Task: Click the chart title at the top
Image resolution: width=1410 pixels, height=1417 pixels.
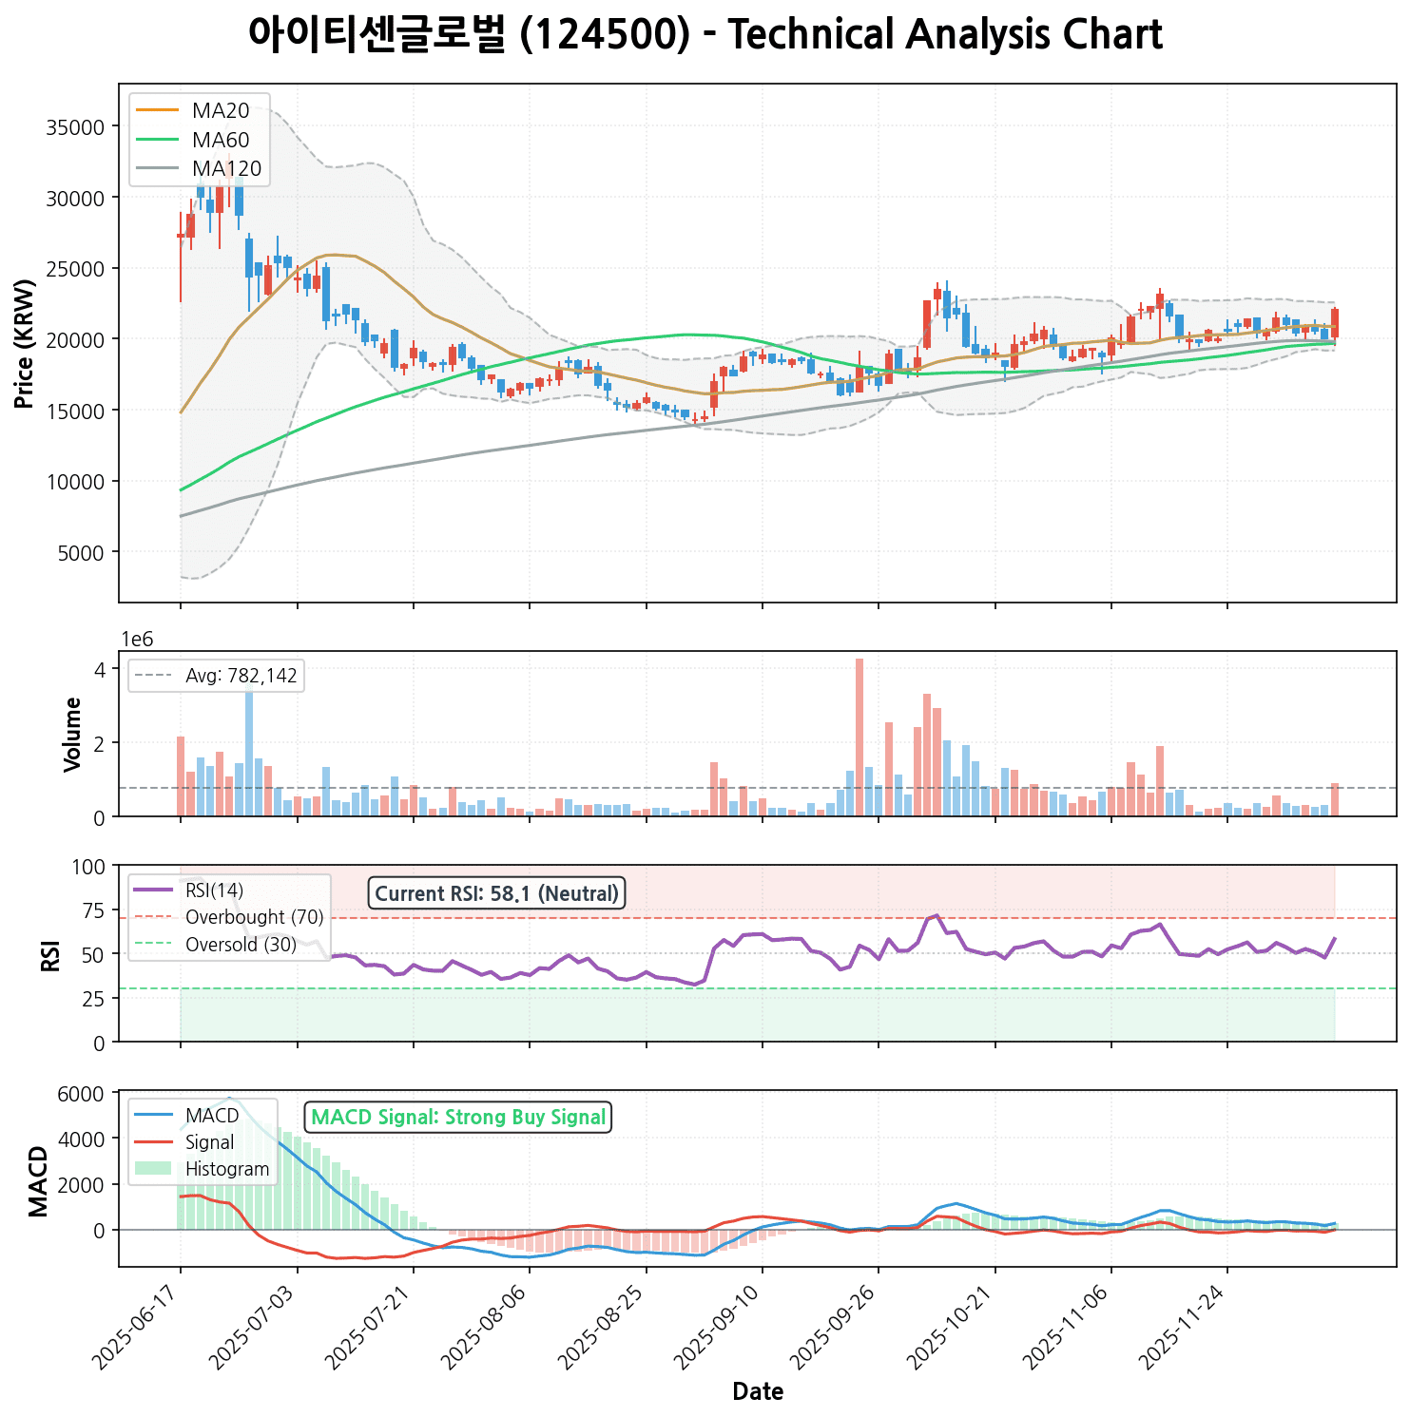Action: coord(705,35)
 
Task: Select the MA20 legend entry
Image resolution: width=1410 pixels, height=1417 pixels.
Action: coord(221,111)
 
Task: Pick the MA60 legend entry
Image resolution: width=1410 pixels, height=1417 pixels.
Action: coord(221,141)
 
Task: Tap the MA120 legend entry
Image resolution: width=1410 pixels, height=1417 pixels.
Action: coord(226,169)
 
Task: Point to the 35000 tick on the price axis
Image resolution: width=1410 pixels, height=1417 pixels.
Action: coord(75,127)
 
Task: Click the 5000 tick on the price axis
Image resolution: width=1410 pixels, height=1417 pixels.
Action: coord(80,552)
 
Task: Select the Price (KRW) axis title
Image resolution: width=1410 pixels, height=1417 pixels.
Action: coord(25,344)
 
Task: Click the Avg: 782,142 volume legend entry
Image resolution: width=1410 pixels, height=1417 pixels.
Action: coord(241,677)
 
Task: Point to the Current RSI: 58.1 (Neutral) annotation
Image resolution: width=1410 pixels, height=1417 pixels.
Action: coord(496,893)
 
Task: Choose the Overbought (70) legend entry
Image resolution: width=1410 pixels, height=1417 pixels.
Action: coord(254,917)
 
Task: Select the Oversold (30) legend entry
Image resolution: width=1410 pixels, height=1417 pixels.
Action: coord(241,945)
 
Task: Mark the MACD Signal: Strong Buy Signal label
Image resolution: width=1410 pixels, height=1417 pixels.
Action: coord(458,1118)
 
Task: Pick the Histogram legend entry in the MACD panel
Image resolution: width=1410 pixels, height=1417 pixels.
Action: coord(227,1169)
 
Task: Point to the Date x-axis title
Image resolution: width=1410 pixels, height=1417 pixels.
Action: coord(758,1392)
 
